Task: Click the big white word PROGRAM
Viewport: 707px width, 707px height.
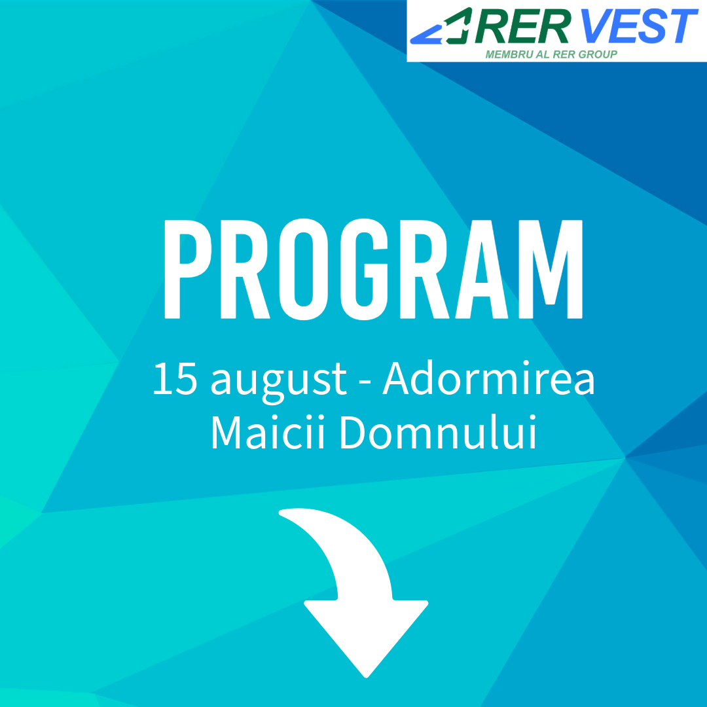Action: coord(373,269)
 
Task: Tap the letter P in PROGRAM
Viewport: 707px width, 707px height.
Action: coord(187,269)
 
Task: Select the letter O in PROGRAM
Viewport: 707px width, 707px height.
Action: coord(304,269)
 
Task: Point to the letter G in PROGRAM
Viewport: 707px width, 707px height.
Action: coord(365,269)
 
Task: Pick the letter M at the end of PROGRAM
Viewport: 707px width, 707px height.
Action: coord(551,269)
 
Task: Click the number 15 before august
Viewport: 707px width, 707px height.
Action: coord(175,379)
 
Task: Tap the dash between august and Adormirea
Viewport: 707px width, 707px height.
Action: coord(365,382)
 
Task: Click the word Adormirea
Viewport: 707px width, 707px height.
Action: coord(489,378)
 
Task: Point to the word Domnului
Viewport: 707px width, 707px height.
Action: coord(438,432)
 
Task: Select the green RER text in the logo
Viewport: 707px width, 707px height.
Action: coord(522,26)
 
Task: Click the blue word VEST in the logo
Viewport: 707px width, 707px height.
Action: coord(638,26)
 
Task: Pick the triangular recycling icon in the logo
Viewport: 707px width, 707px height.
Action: coord(441,27)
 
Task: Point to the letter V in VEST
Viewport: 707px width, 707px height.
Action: coord(596,26)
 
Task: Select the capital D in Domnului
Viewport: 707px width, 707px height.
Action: coord(353,432)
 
